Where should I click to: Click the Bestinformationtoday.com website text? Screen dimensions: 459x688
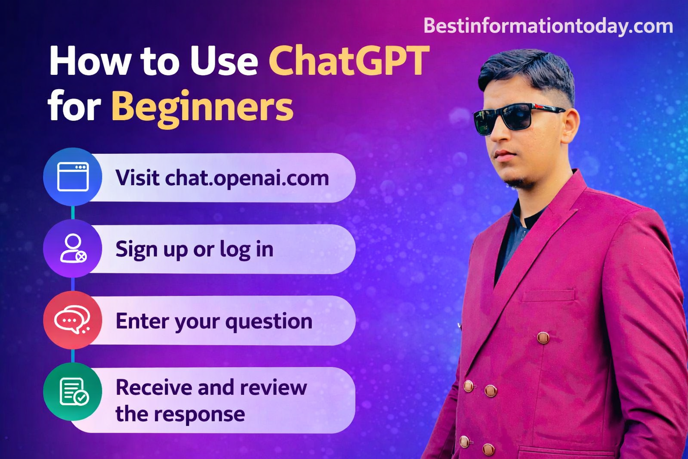pos(548,26)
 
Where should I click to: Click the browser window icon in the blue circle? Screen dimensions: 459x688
pos(73,177)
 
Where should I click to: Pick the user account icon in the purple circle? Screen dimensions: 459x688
pos(73,248)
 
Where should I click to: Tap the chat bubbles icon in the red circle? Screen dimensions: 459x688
pos(72,320)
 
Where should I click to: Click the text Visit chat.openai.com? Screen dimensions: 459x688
pos(222,178)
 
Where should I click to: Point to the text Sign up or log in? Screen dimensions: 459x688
pos(194,249)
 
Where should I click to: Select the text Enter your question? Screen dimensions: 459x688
pos(214,321)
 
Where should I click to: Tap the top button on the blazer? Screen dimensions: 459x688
pos(543,337)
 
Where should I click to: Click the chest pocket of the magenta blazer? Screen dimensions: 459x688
pos(548,296)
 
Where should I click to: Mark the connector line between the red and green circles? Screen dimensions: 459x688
pos(73,356)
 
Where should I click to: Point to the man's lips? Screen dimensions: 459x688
pos(504,156)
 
